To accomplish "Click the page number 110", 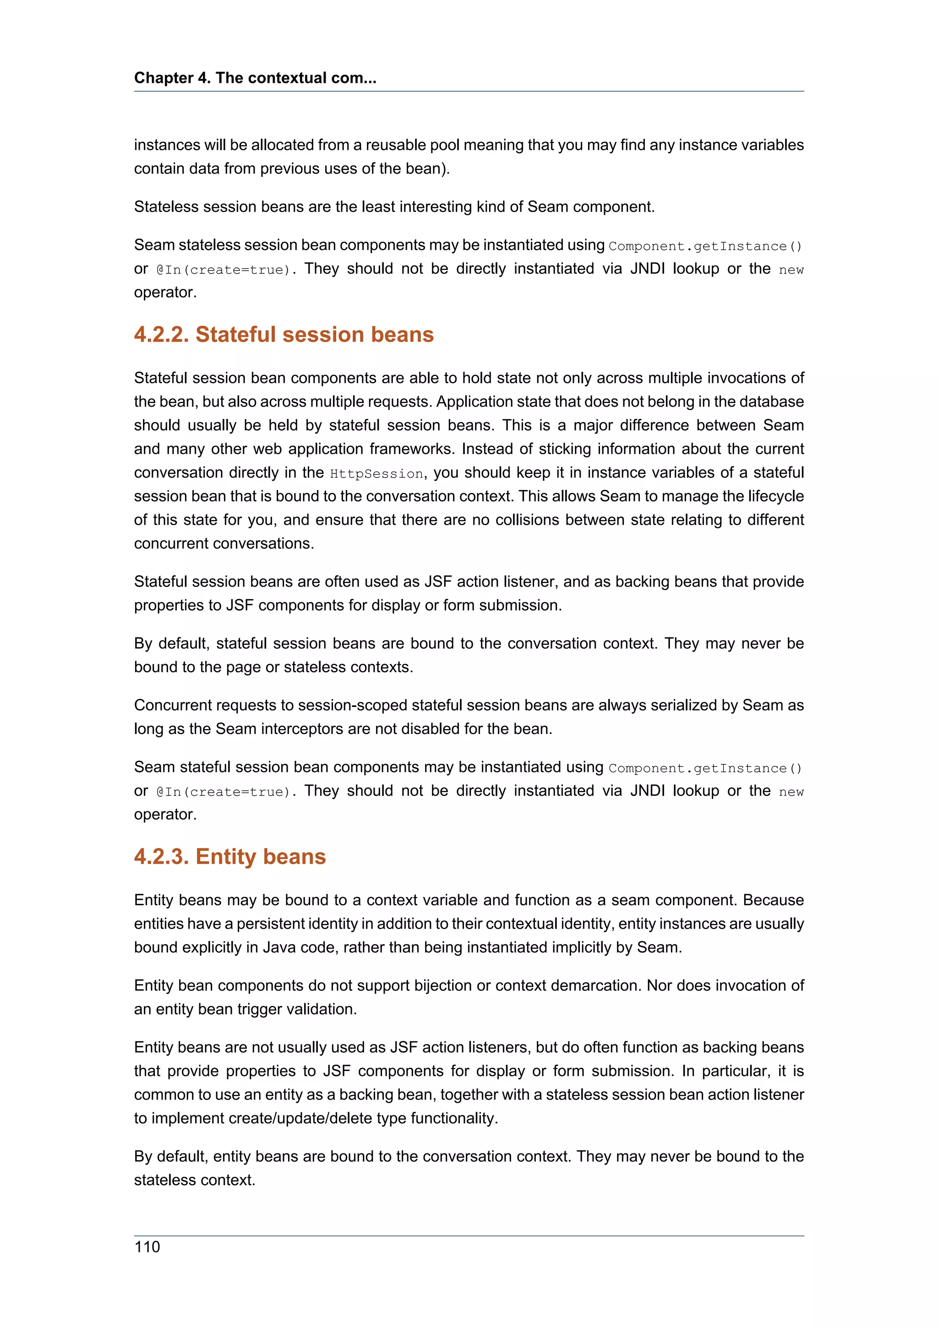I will (x=147, y=1247).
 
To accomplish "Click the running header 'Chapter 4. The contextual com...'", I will (x=255, y=78).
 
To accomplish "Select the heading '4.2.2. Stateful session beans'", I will (x=284, y=335).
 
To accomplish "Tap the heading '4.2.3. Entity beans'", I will (x=229, y=857).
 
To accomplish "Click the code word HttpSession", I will (x=376, y=473).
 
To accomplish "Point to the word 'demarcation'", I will (x=595, y=985).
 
